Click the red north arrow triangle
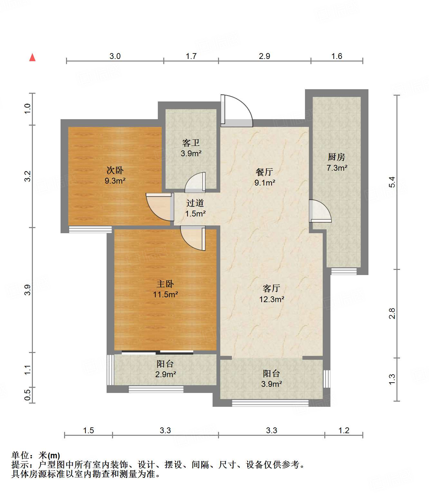click(33, 58)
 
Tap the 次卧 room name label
click(115, 170)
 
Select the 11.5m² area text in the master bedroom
click(166, 294)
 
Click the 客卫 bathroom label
click(191, 143)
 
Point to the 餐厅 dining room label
click(264, 172)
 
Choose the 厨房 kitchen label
click(337, 157)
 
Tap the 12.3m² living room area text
click(272, 299)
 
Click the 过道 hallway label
click(195, 203)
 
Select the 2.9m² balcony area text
click(166, 374)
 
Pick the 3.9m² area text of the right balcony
click(272, 384)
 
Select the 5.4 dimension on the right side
click(392, 182)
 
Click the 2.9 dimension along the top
click(264, 56)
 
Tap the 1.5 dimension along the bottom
click(88, 430)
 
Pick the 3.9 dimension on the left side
click(28, 290)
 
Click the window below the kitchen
click(344, 271)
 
